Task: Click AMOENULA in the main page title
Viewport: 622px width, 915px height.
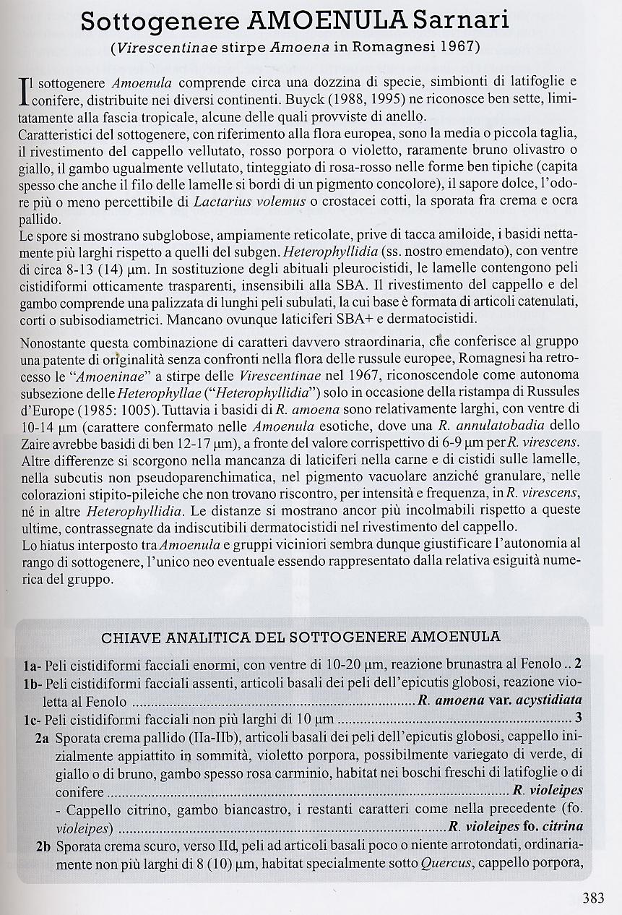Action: [324, 21]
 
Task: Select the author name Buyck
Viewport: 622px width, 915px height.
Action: [393, 97]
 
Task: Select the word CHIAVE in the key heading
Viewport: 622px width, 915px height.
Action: [134, 637]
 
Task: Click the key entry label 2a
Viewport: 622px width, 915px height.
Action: [43, 737]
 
